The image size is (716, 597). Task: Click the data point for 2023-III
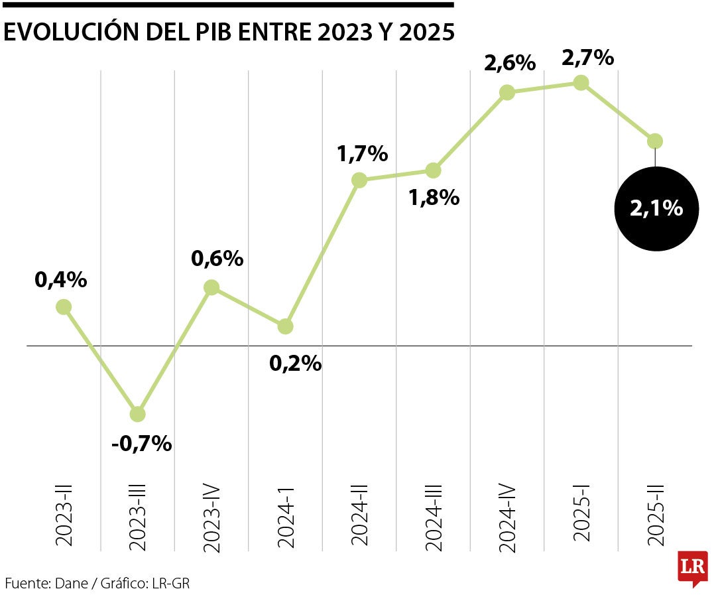click(x=137, y=414)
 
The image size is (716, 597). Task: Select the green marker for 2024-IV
click(x=507, y=92)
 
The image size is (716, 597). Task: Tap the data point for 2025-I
click(x=581, y=82)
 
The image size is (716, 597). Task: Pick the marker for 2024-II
click(x=359, y=180)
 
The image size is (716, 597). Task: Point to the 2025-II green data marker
click(x=655, y=141)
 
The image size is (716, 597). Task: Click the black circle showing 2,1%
click(x=656, y=208)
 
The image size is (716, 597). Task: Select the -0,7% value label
click(x=141, y=443)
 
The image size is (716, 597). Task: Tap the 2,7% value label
click(x=587, y=58)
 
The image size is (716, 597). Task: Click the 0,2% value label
click(x=295, y=364)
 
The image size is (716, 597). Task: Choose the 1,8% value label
click(x=434, y=197)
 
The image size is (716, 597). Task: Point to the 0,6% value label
click(x=217, y=259)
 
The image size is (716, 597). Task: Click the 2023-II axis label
click(x=64, y=515)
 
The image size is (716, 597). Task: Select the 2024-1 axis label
click(x=286, y=515)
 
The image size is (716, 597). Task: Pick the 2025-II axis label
click(x=655, y=515)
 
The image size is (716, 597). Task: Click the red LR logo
click(x=692, y=568)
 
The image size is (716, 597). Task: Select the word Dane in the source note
click(x=68, y=584)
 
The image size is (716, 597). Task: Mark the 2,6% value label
click(x=509, y=64)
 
